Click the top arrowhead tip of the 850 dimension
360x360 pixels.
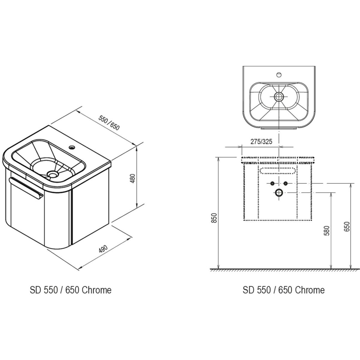218,157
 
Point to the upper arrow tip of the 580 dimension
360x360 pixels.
331,193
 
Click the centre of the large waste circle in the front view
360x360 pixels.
279,192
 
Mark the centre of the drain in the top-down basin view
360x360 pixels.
279,97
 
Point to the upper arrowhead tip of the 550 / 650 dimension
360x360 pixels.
77,111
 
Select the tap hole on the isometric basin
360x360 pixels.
71,147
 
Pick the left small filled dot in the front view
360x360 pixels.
272,184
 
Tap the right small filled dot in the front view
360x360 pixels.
285,184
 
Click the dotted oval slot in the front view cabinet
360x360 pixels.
278,171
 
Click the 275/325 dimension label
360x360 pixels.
261,142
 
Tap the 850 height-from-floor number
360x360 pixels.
215,217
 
